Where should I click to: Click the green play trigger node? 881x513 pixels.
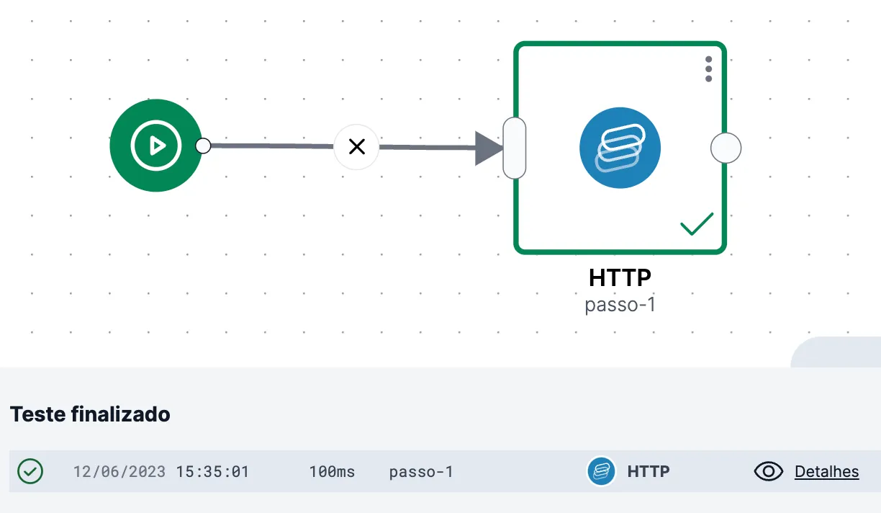(x=155, y=146)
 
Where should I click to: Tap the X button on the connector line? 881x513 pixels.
(x=356, y=147)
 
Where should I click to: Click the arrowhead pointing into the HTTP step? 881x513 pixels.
(x=489, y=148)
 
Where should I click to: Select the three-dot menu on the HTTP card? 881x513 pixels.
(x=708, y=69)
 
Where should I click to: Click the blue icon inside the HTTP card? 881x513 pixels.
(x=620, y=148)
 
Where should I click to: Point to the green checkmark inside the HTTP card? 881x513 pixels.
(x=697, y=223)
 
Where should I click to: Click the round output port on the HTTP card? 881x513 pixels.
(x=726, y=148)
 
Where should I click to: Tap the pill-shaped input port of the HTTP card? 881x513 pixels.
(x=515, y=148)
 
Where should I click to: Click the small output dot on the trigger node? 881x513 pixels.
(x=203, y=146)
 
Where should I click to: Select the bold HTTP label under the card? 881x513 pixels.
(x=620, y=277)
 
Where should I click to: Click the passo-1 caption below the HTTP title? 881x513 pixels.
(x=620, y=305)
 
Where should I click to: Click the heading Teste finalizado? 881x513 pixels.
(x=90, y=414)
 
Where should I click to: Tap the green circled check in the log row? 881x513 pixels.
(x=30, y=471)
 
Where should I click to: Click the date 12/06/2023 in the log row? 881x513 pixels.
(x=119, y=472)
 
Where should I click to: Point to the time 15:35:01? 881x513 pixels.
(x=212, y=472)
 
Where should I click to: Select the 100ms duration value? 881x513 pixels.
(x=332, y=472)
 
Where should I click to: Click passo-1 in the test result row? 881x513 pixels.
(x=421, y=472)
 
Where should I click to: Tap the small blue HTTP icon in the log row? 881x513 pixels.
(x=601, y=471)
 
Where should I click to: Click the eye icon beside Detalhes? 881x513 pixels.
(x=768, y=471)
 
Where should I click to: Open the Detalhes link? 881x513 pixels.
(x=826, y=472)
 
